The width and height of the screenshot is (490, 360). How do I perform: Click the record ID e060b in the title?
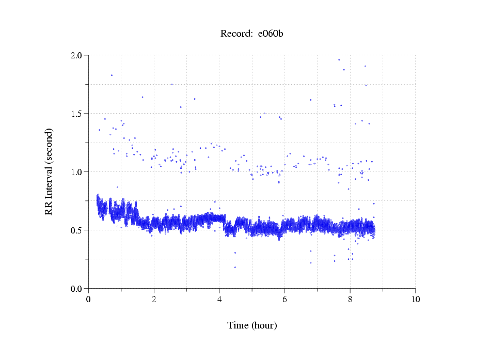coord(271,34)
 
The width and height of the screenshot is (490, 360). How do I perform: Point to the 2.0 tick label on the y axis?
coord(77,55)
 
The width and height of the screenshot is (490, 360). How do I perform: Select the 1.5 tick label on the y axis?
coord(77,114)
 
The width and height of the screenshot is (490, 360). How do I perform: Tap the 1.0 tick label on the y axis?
coord(77,172)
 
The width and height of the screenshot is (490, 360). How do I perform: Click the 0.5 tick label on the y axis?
coord(77,230)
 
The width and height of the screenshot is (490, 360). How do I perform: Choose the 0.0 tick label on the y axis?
coord(77,289)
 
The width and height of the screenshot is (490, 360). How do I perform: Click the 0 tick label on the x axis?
coord(89,299)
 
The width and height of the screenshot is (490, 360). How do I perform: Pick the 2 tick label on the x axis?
coord(154,299)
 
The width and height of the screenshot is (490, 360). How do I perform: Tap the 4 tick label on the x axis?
coord(219,299)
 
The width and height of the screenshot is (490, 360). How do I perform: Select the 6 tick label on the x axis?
coord(284,299)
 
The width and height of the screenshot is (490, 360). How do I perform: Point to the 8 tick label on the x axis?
coord(350,299)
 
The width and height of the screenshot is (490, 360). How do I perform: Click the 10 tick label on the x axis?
coord(415,299)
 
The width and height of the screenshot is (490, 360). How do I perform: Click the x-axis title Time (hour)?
coord(252,325)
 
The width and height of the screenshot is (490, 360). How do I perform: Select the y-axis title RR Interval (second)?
coord(49,171)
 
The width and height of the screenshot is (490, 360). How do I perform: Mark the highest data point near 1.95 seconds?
coord(339,60)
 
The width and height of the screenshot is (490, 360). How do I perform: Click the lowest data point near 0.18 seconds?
coord(235,268)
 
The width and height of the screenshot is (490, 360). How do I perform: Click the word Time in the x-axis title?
coord(238,325)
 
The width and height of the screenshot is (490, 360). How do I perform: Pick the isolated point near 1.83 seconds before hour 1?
coord(112,75)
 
